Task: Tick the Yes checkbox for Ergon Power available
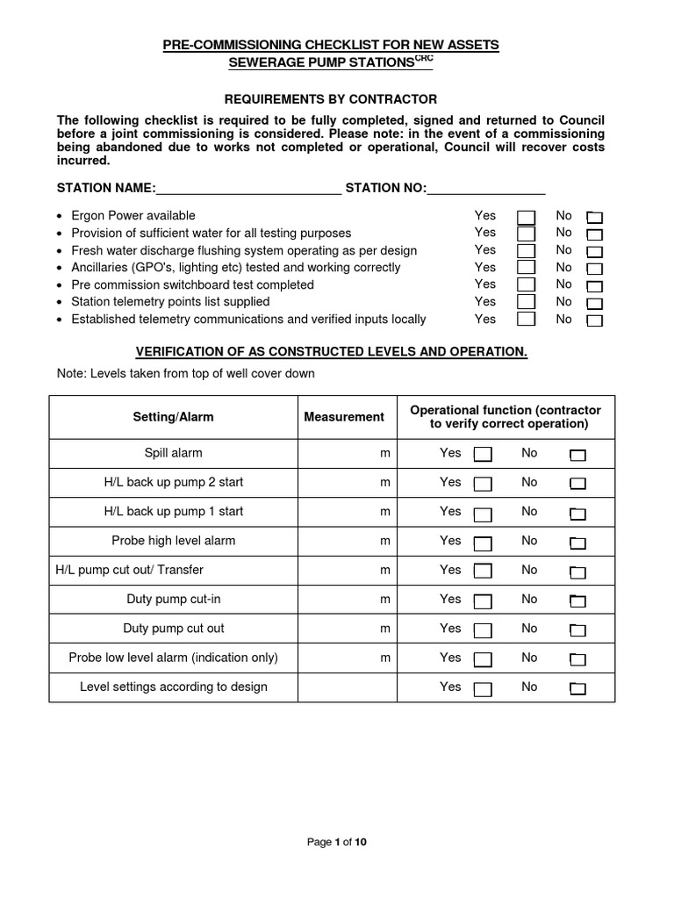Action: (x=526, y=217)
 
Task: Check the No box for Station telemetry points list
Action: (x=594, y=304)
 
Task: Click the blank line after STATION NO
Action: (x=486, y=189)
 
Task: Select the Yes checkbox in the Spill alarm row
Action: (x=483, y=455)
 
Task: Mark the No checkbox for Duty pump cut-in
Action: (x=577, y=601)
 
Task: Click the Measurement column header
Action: (x=344, y=417)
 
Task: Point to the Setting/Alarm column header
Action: (x=173, y=417)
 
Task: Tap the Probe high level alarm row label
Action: (x=173, y=541)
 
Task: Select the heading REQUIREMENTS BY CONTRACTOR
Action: (x=331, y=100)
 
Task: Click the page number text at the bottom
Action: (x=336, y=842)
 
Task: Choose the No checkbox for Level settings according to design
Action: (x=577, y=689)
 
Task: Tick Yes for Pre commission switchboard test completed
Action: (x=526, y=286)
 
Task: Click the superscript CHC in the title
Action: (x=424, y=59)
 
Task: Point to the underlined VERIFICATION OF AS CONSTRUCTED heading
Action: (x=331, y=352)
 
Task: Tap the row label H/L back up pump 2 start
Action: (x=173, y=482)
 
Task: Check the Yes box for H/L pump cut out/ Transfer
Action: (x=483, y=572)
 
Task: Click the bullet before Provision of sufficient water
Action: (x=59, y=234)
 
